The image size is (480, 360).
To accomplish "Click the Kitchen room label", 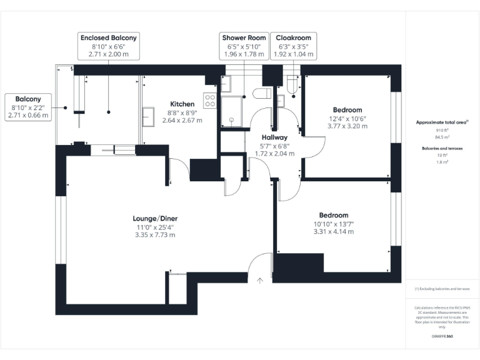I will click(182, 104).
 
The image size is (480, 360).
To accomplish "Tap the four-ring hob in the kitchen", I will click(210, 101).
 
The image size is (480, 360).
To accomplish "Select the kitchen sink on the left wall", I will click(149, 116).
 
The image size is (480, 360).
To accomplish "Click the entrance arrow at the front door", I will click(260, 281).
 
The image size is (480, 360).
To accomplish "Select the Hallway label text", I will click(274, 137).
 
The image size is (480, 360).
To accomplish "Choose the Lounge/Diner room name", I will click(155, 218).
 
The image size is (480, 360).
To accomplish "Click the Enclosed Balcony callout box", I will click(108, 46).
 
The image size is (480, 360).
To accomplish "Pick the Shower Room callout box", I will click(244, 46).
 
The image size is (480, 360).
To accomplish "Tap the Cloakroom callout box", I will click(293, 46).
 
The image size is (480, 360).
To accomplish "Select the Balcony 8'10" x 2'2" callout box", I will click(28, 107).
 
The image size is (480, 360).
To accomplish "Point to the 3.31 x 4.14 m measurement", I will click(333, 231).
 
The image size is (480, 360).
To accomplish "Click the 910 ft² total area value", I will click(442, 129).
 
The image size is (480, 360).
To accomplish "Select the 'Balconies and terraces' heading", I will click(442, 148).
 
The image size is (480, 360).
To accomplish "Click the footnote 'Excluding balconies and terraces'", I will click(442, 289).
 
